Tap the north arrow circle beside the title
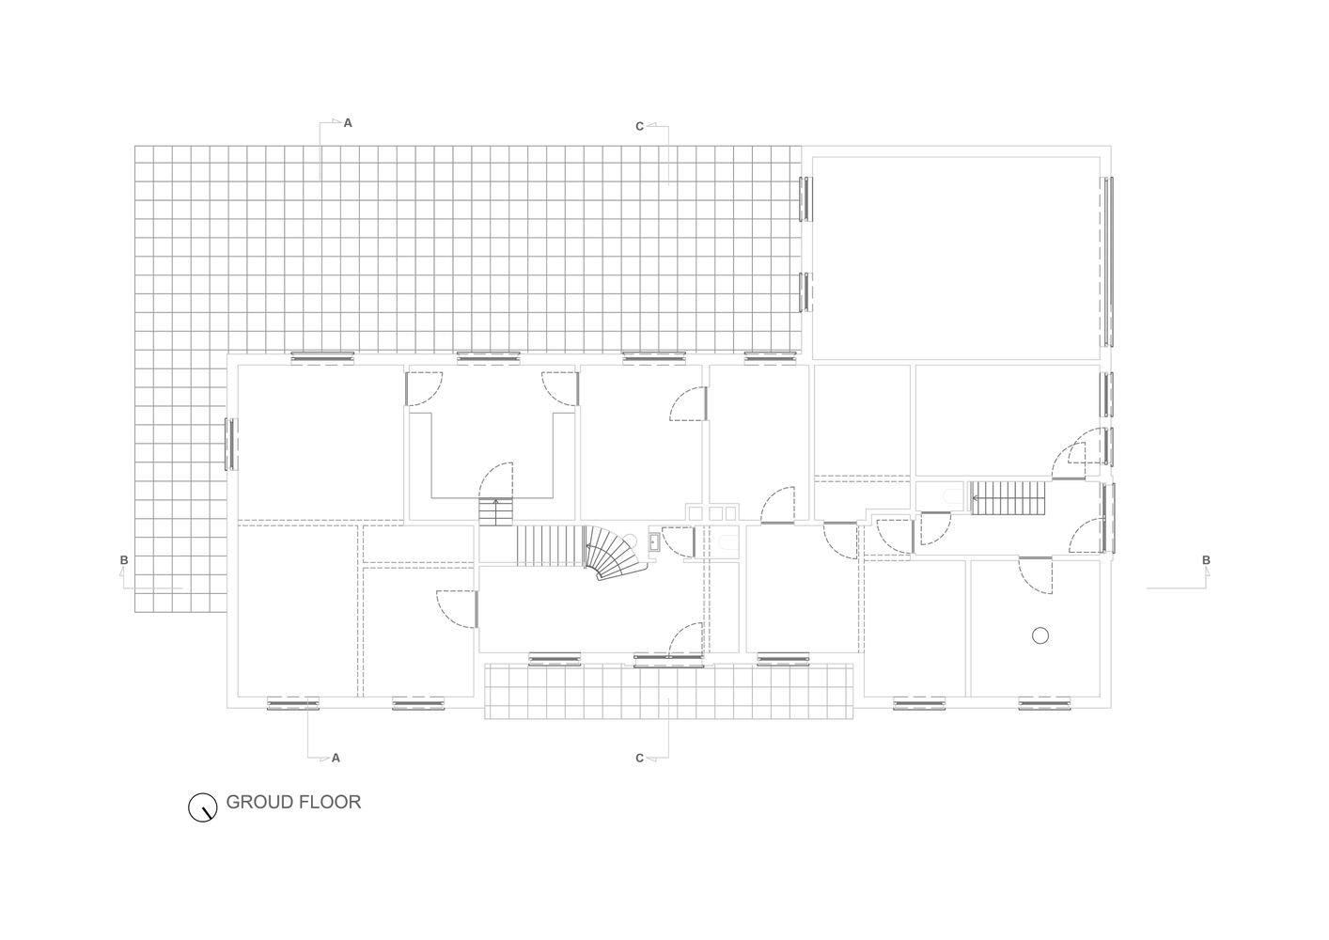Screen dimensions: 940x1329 coord(202,807)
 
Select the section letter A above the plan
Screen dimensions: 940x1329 coord(348,123)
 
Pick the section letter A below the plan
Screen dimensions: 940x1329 coord(336,758)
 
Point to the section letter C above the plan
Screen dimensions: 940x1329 coord(640,126)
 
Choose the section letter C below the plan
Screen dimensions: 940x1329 coord(640,758)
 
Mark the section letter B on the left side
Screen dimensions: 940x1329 coord(124,561)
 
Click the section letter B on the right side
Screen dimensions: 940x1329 coord(1206,561)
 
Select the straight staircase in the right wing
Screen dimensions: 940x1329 coord(1008,498)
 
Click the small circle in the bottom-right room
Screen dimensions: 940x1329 coord(1040,636)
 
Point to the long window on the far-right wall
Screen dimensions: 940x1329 coord(1108,260)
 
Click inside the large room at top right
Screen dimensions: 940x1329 coord(955,258)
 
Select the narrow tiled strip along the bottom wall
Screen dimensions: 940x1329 coord(669,691)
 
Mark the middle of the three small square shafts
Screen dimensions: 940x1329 coord(714,512)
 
